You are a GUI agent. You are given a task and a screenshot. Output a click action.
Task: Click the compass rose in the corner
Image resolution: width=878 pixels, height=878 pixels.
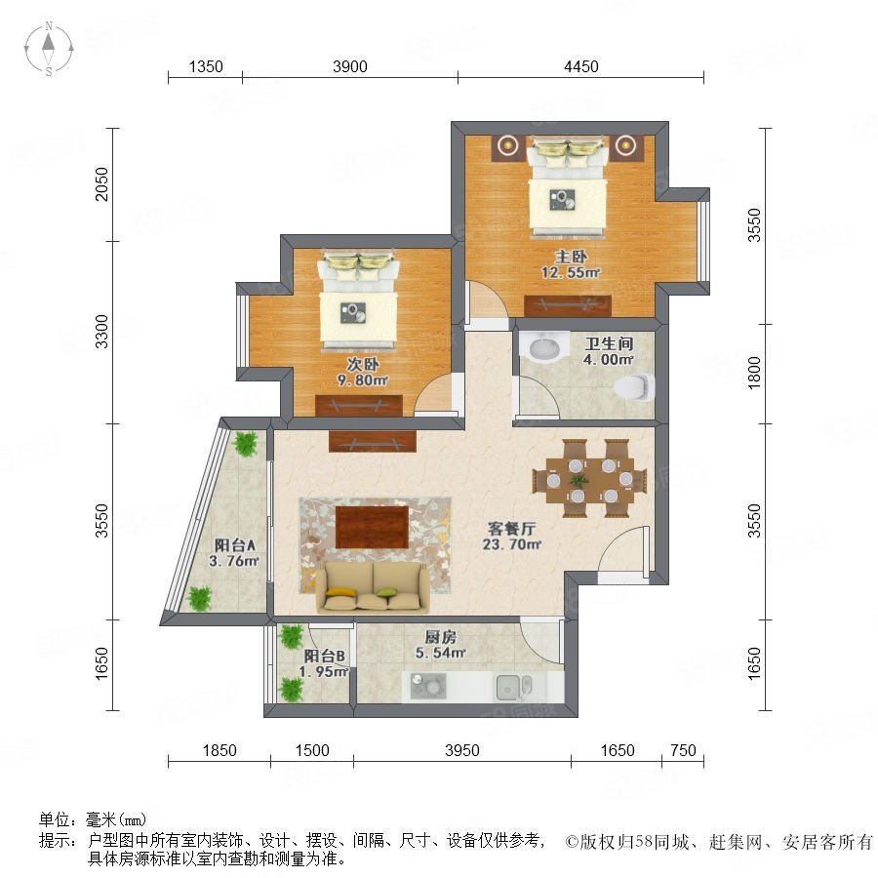coord(49,49)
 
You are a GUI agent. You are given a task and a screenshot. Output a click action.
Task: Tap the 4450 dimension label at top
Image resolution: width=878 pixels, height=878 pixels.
coord(581,66)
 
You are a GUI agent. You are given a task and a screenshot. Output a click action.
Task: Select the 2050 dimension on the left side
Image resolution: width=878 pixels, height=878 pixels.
coord(101,183)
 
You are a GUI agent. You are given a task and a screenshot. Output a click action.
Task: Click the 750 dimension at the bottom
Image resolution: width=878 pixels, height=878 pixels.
coord(683,750)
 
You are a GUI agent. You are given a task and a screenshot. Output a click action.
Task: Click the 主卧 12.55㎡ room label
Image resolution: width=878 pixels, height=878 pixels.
coord(571,264)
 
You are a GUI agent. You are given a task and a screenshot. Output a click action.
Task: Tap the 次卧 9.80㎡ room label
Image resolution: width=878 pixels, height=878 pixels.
coord(362,372)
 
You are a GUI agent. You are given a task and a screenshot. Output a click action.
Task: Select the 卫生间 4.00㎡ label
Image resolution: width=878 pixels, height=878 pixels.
coord(609,351)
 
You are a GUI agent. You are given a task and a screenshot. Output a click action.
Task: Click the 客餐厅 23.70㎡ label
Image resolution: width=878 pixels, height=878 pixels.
coord(512,536)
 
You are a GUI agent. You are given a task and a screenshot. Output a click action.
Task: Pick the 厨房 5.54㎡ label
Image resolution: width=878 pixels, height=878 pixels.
coord(440,645)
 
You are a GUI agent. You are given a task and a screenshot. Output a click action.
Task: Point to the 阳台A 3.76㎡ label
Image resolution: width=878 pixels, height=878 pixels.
coord(234,553)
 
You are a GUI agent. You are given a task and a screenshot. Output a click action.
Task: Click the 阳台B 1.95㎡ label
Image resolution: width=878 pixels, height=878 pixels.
coord(324,663)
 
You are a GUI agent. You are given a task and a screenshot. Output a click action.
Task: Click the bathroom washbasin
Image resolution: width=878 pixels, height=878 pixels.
coord(543,345)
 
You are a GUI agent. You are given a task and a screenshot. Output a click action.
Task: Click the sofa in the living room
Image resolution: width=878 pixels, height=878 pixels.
coord(373,586)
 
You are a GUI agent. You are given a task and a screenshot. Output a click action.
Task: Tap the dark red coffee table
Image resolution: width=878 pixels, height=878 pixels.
coord(373,527)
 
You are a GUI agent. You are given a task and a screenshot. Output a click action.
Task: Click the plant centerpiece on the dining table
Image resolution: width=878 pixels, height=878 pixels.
coord(579,480)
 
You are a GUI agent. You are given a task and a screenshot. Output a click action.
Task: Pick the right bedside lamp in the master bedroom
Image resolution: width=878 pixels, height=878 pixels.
coord(623,145)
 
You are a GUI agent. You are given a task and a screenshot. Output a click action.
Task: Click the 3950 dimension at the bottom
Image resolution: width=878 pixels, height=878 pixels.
coord(462,750)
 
